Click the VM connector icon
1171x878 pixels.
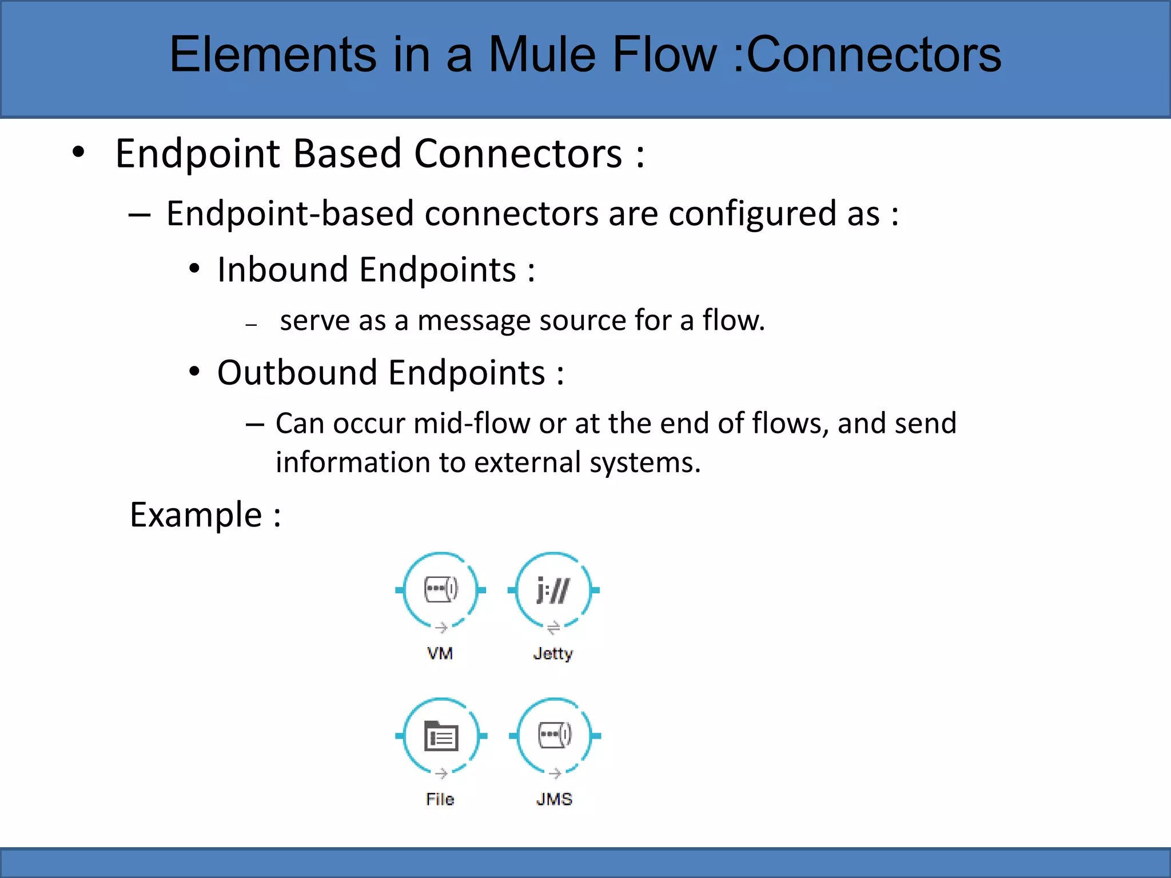440,590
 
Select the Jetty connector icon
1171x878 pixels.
553,590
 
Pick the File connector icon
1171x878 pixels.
441,736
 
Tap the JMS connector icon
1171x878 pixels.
555,736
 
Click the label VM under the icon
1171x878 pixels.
440,653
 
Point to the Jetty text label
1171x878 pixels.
553,653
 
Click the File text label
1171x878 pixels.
440,799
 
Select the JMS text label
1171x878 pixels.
554,799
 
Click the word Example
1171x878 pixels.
196,515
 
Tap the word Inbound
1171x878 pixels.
282,270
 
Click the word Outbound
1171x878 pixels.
297,373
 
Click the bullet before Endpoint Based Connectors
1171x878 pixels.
78,153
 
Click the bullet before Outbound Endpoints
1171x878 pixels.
194,372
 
